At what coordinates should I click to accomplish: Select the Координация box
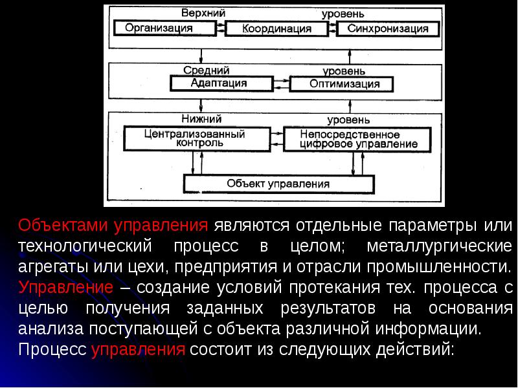[277, 28]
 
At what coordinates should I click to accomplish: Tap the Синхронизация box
[387, 28]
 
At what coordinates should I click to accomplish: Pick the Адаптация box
[219, 83]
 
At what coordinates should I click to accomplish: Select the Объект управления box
[278, 183]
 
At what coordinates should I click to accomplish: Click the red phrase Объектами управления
[113, 226]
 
